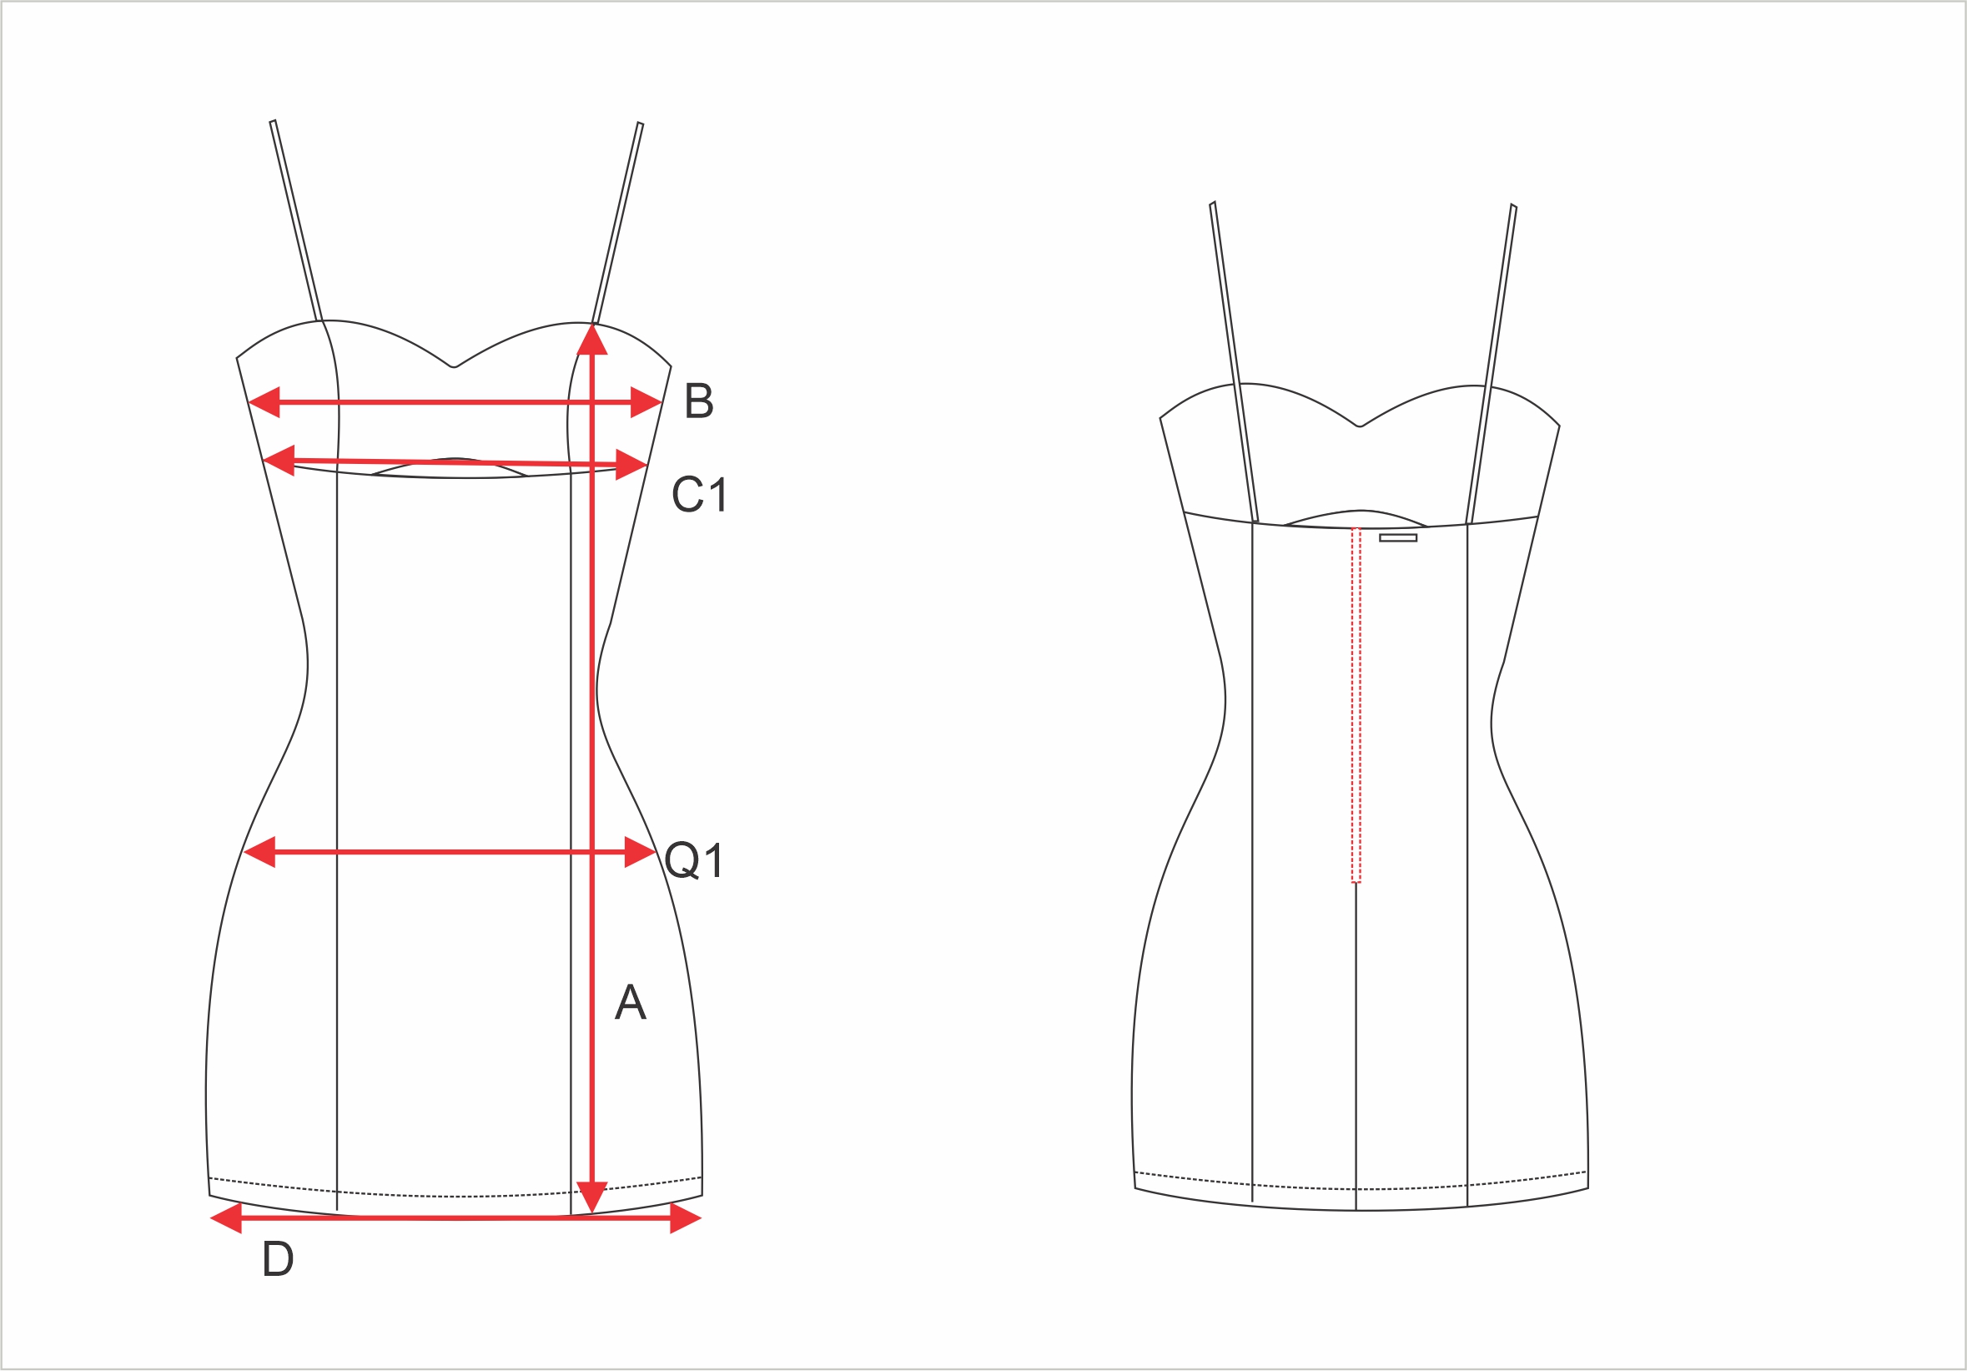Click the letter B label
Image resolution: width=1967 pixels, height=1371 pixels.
(699, 401)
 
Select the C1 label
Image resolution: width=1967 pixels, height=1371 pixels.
(700, 495)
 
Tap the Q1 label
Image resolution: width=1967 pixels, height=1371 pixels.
(694, 860)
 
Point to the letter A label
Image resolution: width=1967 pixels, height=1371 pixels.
(631, 1001)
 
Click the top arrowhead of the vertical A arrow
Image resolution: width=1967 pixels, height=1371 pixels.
(592, 339)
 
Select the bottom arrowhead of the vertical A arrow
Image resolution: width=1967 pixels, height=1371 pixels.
(592, 1197)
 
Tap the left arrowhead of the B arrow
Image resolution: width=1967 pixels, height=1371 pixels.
(264, 402)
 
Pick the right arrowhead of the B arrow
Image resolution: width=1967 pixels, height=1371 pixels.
(646, 402)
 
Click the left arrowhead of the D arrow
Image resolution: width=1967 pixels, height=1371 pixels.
(226, 1218)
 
